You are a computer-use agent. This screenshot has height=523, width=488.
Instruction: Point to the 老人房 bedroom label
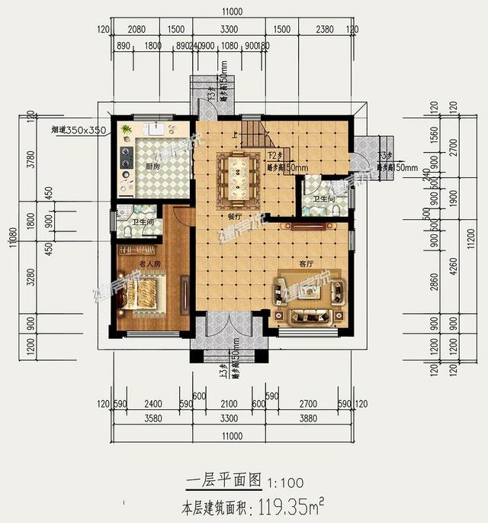pyautogui.click(x=149, y=264)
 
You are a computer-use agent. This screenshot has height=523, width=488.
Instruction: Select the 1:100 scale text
pyautogui.click(x=285, y=483)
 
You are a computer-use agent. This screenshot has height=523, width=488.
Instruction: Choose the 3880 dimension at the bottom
pyautogui.click(x=312, y=418)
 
